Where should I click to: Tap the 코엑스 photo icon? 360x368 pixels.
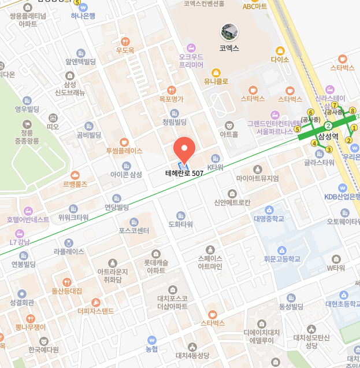tap(229, 32)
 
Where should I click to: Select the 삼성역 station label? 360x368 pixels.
tap(328, 137)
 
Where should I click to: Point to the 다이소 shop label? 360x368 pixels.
tap(280, 59)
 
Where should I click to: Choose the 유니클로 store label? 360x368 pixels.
tap(216, 81)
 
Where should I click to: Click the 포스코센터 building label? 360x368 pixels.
tap(134, 230)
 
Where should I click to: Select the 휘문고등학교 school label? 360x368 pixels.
tap(282, 258)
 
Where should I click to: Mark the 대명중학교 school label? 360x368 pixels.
tap(269, 218)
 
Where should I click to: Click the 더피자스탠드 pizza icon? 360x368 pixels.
tap(96, 303)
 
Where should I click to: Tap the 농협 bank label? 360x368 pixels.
tap(151, 348)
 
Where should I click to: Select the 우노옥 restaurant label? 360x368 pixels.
tap(125, 50)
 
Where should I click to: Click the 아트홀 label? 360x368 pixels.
tap(229, 134)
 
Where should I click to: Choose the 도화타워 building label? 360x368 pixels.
tap(180, 223)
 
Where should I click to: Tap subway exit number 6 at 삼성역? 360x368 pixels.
tap(310, 112)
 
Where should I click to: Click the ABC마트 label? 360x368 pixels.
tap(255, 6)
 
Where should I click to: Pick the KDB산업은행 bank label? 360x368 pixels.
tap(343, 196)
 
